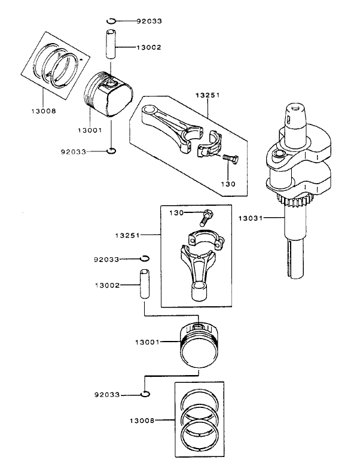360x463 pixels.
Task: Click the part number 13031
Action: click(x=251, y=218)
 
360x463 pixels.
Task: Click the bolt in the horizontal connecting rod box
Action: click(x=230, y=159)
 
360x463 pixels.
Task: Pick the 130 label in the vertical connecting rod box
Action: click(x=175, y=213)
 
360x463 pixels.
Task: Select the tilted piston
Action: click(x=109, y=96)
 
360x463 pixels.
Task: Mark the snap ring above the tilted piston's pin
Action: click(x=111, y=22)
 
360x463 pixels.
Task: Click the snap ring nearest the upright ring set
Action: click(x=145, y=394)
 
